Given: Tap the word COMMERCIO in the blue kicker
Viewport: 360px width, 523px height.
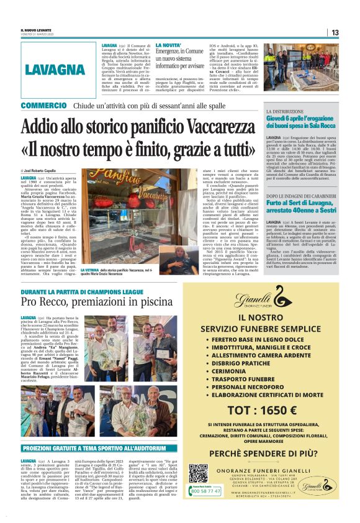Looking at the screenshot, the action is coord(43,106).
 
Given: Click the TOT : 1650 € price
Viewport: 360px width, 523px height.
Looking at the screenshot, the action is coord(270,410).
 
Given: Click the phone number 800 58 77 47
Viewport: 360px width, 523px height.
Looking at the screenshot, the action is coord(205,491).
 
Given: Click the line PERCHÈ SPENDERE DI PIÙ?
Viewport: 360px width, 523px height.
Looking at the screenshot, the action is coord(270,452).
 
